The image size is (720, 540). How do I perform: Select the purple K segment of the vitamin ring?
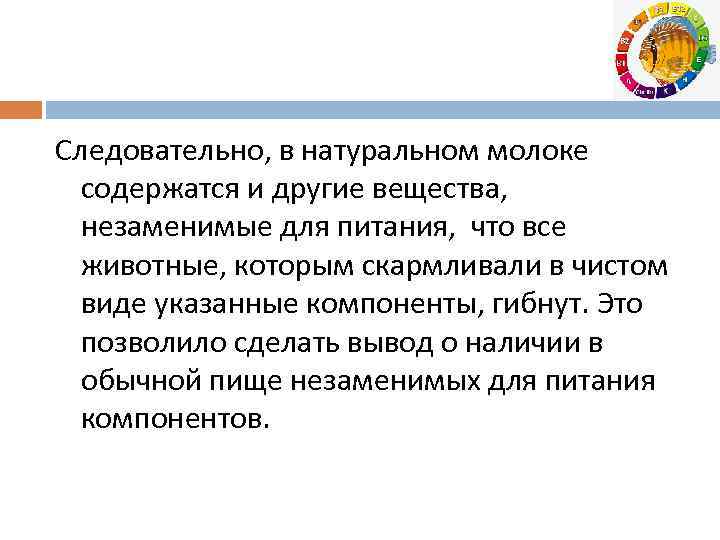[666, 88]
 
